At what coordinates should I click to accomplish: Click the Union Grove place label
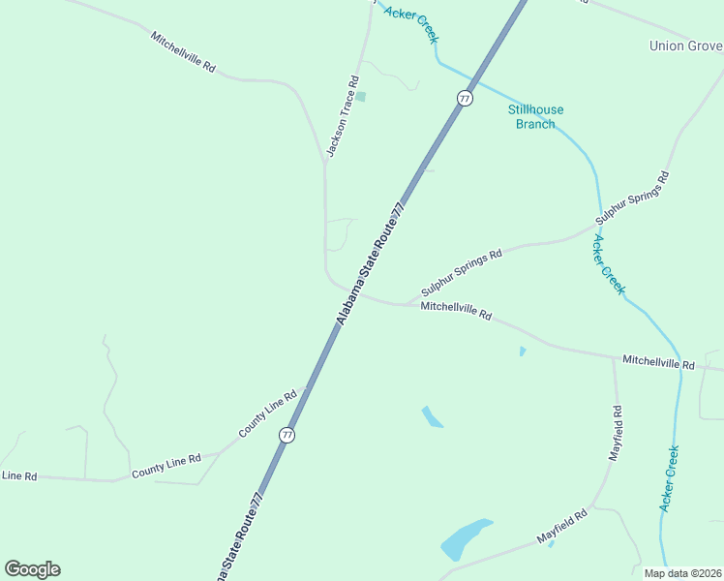(685, 46)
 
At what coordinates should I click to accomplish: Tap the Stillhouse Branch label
(535, 116)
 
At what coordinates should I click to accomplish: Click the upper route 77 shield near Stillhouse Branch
(466, 99)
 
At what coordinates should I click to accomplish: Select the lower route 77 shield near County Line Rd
(287, 436)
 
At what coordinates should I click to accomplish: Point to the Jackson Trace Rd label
(343, 117)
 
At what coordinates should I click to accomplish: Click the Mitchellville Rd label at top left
(183, 52)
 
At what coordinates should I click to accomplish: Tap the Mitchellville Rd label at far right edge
(658, 362)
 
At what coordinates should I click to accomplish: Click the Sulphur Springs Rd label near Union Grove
(633, 199)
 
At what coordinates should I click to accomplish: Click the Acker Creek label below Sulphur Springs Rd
(610, 264)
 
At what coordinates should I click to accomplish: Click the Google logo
(32, 569)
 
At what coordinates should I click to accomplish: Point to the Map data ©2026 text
(681, 573)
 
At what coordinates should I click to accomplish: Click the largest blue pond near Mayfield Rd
(465, 538)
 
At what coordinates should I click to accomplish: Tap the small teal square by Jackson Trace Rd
(361, 96)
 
